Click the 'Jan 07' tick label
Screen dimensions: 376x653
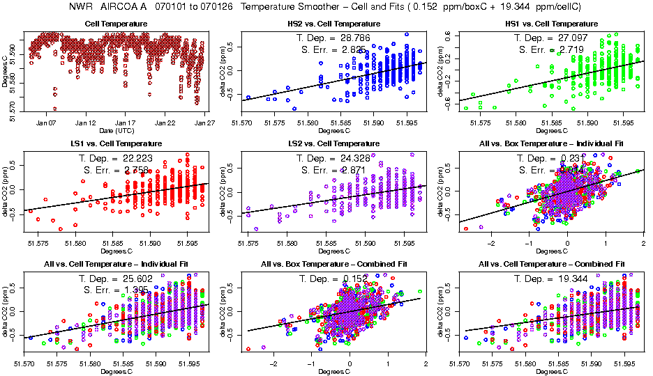click(x=46, y=122)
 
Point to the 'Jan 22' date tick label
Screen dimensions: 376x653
click(x=165, y=122)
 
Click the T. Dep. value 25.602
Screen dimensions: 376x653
click(x=137, y=279)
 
